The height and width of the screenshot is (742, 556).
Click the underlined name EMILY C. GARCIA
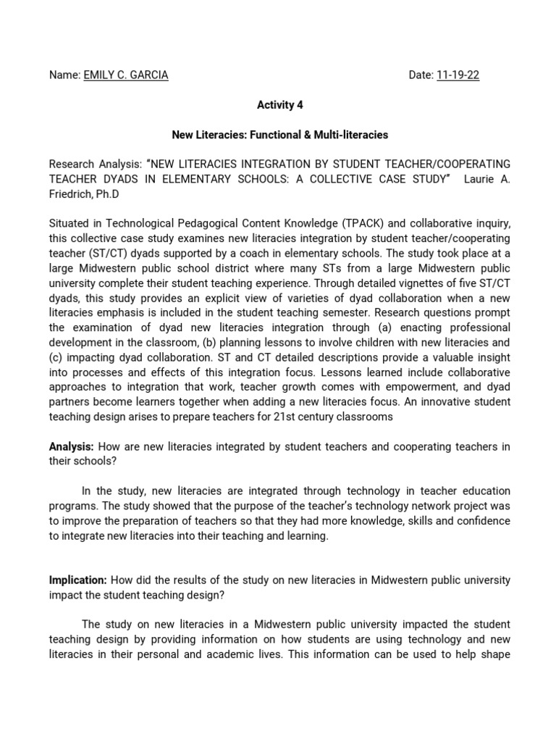(x=126, y=75)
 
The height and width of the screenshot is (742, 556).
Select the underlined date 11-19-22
(x=458, y=75)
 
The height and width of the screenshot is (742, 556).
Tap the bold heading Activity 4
(x=280, y=105)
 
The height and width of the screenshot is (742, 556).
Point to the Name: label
(x=64, y=75)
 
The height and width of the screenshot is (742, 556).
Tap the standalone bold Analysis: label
(x=71, y=447)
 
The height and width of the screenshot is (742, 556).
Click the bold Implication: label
(x=77, y=580)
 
